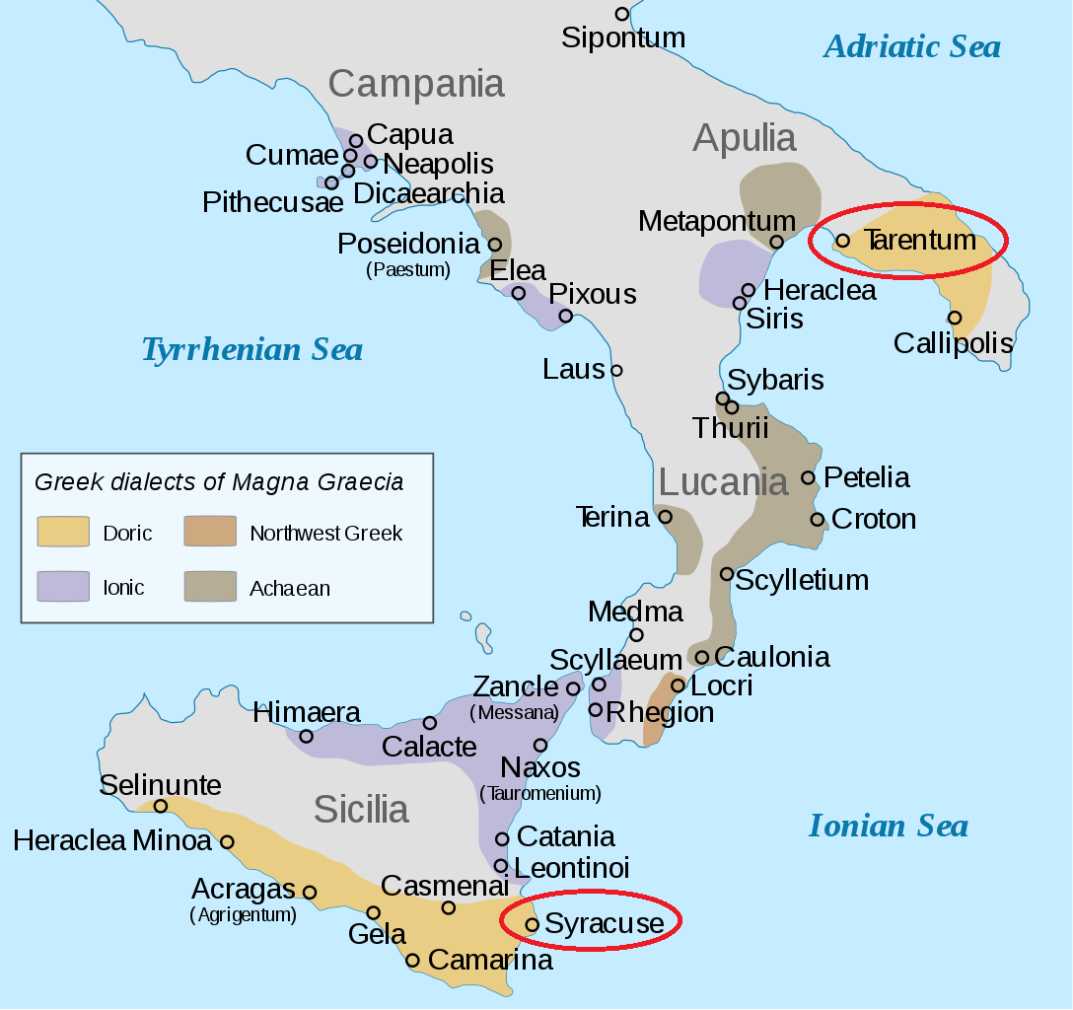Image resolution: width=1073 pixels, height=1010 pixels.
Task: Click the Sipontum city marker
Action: (621, 14)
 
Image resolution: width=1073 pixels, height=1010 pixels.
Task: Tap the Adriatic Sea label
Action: (911, 46)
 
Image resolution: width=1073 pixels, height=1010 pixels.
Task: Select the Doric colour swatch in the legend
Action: (63, 532)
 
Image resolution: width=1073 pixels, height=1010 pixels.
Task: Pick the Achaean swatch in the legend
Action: (210, 587)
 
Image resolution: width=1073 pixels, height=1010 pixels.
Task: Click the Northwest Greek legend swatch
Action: (210, 532)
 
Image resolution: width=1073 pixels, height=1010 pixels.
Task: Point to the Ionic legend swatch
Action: (63, 587)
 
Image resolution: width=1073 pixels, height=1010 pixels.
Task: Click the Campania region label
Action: (416, 84)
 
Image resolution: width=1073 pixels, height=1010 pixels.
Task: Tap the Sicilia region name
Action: (361, 810)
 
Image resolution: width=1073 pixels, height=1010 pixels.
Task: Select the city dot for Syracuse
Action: (532, 924)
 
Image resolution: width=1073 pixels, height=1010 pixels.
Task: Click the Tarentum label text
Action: (920, 240)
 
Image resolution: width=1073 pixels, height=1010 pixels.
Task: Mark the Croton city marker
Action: (818, 519)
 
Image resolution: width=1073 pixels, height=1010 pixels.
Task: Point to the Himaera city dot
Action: (307, 736)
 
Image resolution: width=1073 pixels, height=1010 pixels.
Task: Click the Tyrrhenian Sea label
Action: (251, 349)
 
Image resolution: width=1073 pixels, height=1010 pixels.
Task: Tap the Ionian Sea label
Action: (888, 826)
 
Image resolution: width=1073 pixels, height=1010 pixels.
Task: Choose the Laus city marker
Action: (616, 370)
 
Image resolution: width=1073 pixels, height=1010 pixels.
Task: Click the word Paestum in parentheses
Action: (408, 268)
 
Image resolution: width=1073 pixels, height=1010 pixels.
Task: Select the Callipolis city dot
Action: (955, 318)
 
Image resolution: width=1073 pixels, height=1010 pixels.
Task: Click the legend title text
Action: (219, 482)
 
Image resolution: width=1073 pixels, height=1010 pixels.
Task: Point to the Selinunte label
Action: (161, 785)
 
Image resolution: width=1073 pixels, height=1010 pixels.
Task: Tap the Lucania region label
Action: (723, 482)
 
